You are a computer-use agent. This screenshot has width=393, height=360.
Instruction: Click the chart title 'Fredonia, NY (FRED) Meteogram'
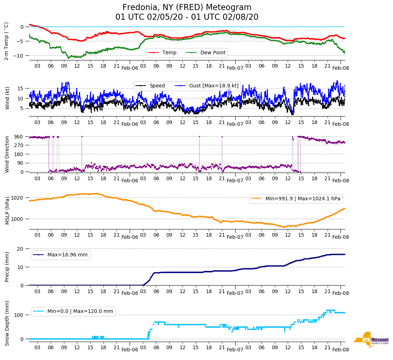[187, 8]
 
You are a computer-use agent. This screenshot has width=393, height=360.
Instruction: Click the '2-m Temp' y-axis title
[6, 41]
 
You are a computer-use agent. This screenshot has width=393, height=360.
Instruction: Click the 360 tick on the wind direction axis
[19, 137]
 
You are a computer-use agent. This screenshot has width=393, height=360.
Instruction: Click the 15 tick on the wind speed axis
[20, 88]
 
